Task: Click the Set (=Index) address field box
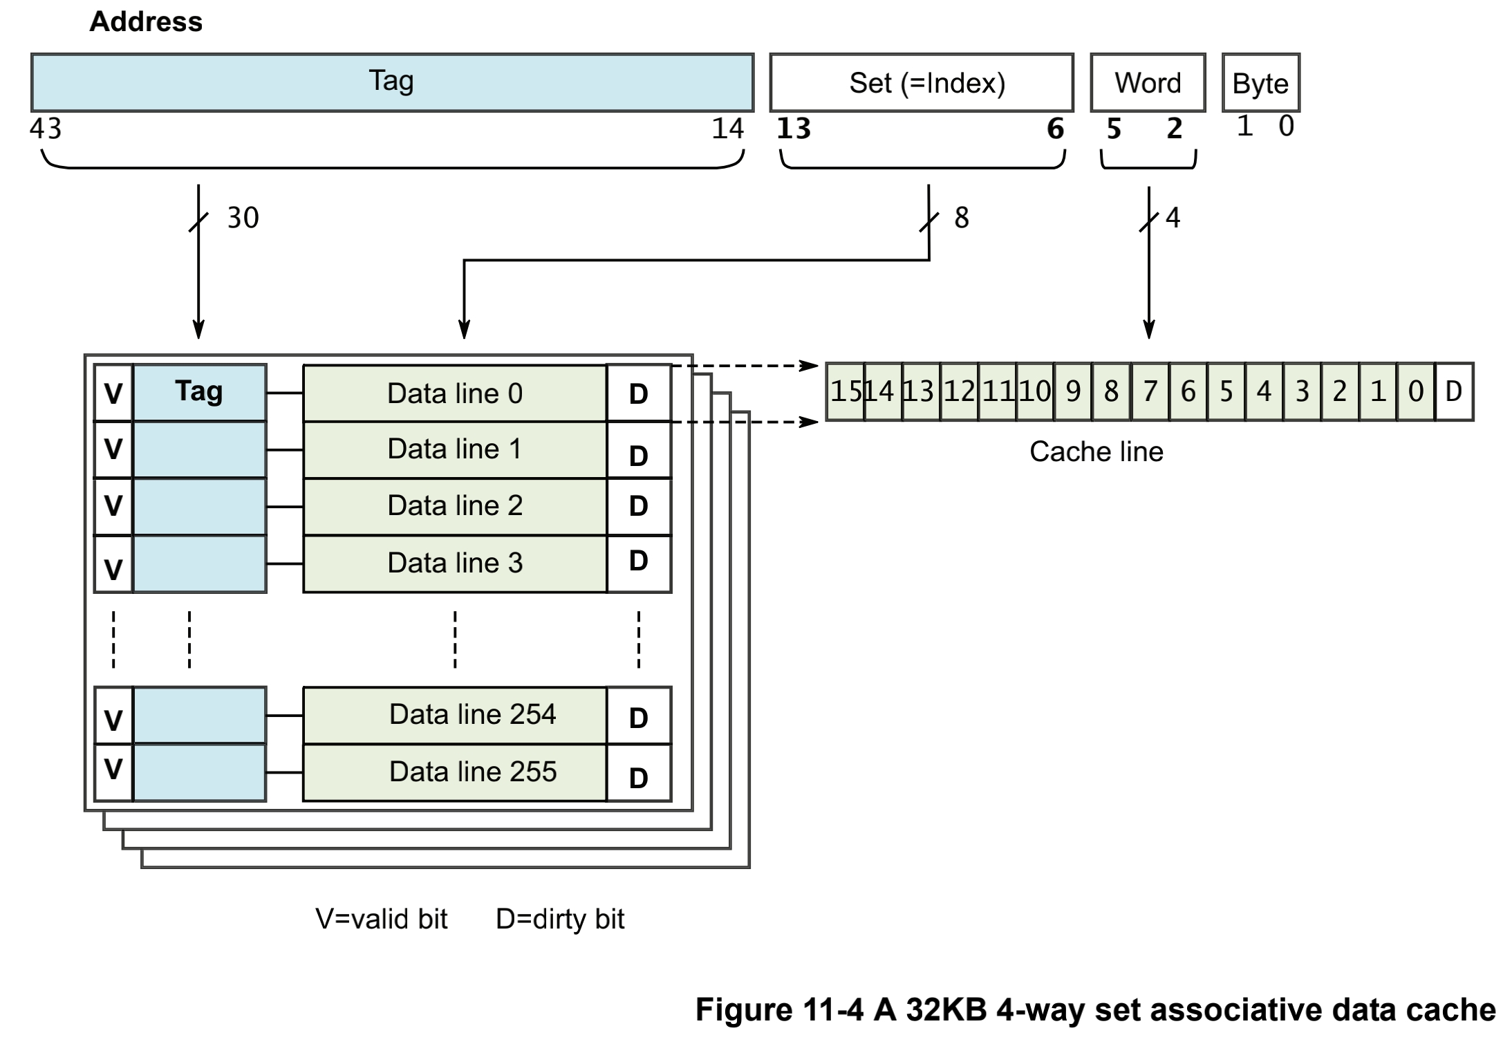(x=921, y=83)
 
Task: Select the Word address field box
(x=1148, y=83)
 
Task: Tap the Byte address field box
(x=1260, y=83)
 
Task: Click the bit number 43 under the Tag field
(x=46, y=129)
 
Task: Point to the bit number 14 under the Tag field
(x=727, y=129)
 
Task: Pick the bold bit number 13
(x=794, y=129)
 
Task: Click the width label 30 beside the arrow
(x=243, y=218)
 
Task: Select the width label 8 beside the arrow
(x=961, y=218)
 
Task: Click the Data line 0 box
(x=454, y=393)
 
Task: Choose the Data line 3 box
(x=454, y=563)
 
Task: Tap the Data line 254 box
(x=454, y=715)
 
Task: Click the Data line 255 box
(x=454, y=772)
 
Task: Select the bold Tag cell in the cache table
(x=199, y=392)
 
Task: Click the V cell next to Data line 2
(x=113, y=506)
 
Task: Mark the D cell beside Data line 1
(x=638, y=451)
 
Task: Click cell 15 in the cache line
(x=845, y=391)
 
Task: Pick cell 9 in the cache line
(x=1073, y=391)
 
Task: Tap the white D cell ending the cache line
(x=1454, y=391)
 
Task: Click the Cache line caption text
(x=1096, y=451)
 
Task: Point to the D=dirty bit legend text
(x=559, y=919)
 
